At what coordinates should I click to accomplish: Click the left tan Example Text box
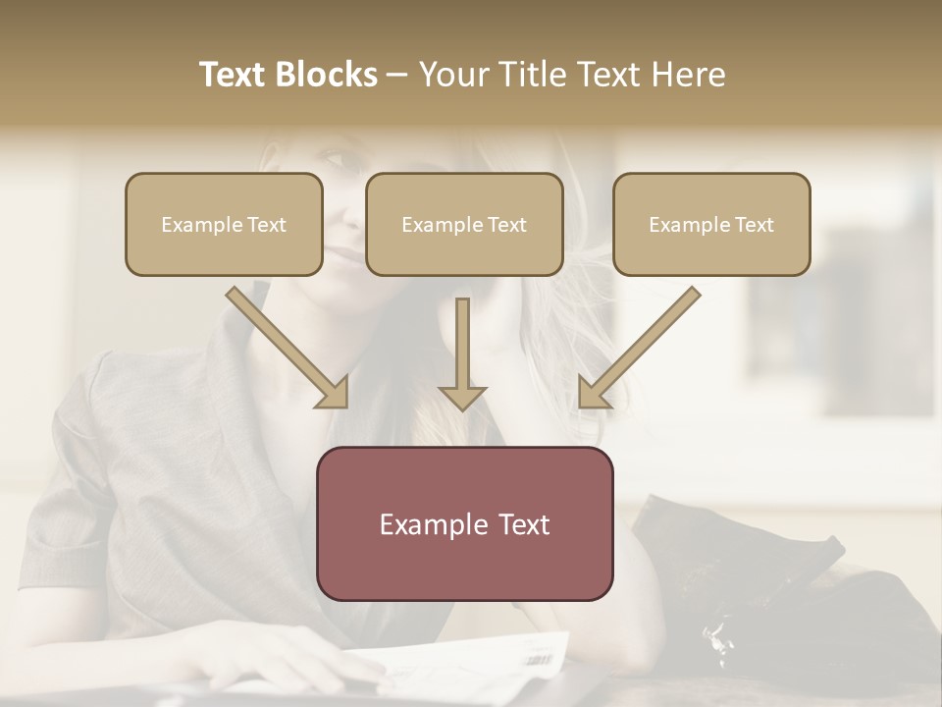pos(224,224)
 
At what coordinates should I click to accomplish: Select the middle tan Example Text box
pos(464,224)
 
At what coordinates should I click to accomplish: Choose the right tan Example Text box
pos(711,224)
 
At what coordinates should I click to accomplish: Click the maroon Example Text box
pos(464,523)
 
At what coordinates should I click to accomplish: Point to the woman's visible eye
pos(334,158)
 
